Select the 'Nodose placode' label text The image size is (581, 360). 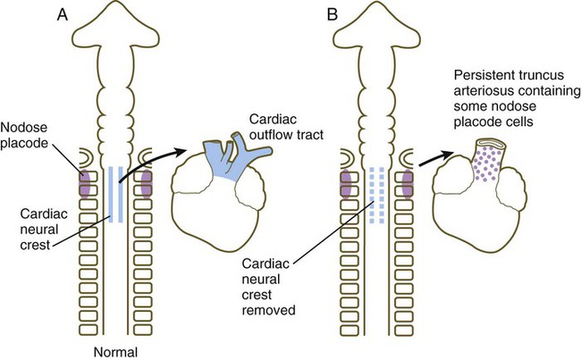(27, 134)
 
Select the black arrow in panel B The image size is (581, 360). (435, 156)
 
